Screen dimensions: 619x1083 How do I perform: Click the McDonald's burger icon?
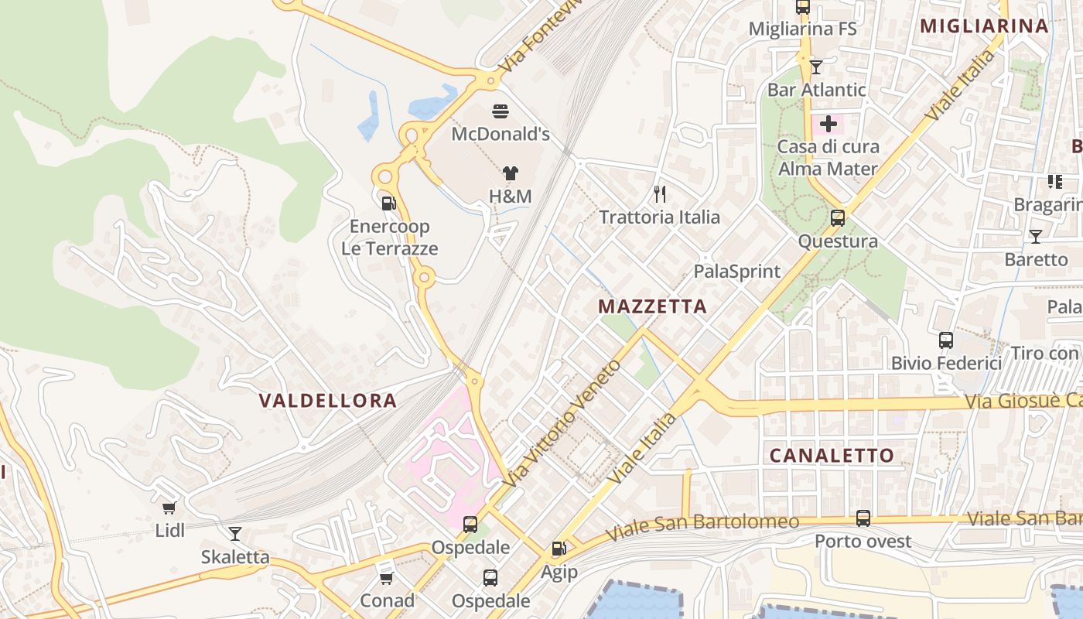click(x=501, y=111)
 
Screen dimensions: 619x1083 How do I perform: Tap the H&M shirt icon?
click(x=510, y=173)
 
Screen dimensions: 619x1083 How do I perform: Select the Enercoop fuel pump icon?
click(x=388, y=203)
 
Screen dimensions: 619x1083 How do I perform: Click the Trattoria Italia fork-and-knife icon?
click(x=660, y=193)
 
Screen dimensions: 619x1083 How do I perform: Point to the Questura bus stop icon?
click(x=838, y=218)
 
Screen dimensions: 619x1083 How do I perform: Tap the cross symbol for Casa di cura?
click(x=828, y=124)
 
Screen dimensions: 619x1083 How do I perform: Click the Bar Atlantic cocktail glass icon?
click(x=815, y=67)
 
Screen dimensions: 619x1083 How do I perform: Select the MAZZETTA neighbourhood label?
click(x=653, y=306)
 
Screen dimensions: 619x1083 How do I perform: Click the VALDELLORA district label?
click(x=328, y=401)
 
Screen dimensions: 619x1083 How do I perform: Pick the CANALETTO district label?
click(x=832, y=455)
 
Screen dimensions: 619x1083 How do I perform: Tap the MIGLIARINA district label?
click(x=984, y=26)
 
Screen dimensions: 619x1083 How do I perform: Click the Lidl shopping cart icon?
click(x=169, y=508)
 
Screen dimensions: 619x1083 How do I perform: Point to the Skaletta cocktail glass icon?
click(x=234, y=533)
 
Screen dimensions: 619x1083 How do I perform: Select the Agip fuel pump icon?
click(x=559, y=549)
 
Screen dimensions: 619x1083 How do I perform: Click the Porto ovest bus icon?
click(x=863, y=518)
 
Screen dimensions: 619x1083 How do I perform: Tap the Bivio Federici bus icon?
click(x=945, y=340)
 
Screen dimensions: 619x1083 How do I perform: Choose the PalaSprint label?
click(x=737, y=271)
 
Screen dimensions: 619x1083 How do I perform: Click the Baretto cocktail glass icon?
click(x=1036, y=236)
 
